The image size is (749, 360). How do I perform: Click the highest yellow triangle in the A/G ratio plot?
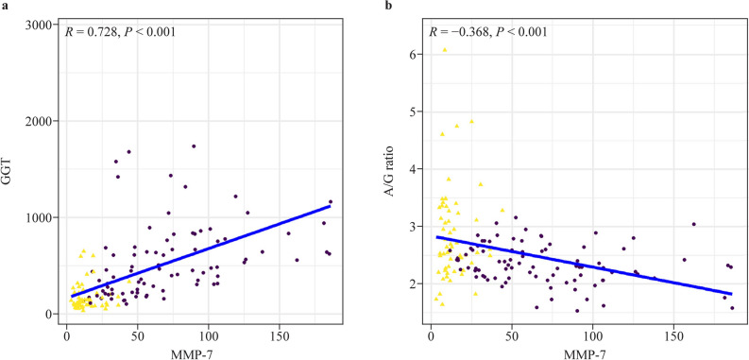pos(445,50)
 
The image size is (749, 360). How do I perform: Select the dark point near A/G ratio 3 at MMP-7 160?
pos(693,225)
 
